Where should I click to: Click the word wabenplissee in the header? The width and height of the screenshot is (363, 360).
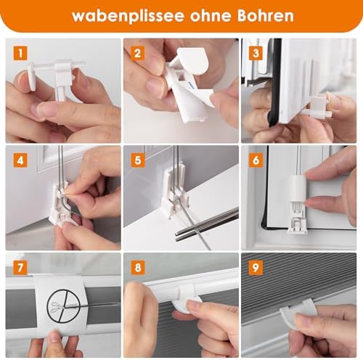point(128,17)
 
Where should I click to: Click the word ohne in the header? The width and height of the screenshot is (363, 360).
point(210,15)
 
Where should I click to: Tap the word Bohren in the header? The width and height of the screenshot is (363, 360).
point(265,15)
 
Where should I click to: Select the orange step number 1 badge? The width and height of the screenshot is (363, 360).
point(20,53)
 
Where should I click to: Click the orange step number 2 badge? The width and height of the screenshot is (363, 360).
point(138,53)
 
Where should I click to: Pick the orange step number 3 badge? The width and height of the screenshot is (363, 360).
point(256,53)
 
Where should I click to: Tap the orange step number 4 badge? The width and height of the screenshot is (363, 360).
point(20,160)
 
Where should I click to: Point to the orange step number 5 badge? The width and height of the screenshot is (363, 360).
point(138,160)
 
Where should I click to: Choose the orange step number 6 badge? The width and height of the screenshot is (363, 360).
point(256,160)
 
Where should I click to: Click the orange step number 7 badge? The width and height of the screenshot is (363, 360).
point(20,268)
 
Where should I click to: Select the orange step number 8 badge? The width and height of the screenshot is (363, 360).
point(138,268)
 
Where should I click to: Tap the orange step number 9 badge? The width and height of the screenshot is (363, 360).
point(256,268)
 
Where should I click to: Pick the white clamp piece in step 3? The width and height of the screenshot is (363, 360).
point(320,105)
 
